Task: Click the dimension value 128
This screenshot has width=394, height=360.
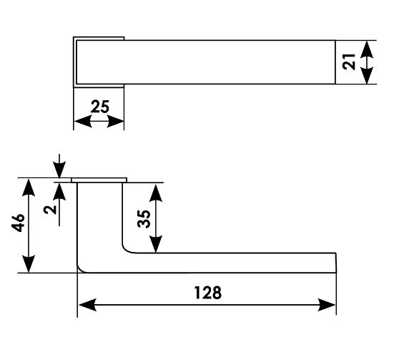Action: click(x=208, y=293)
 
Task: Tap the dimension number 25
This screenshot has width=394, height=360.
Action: click(x=100, y=107)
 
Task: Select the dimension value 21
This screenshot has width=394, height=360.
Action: click(x=349, y=62)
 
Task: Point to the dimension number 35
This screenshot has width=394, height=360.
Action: click(x=144, y=219)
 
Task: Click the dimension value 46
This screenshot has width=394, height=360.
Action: click(x=19, y=223)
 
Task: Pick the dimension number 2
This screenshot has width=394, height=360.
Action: click(x=50, y=209)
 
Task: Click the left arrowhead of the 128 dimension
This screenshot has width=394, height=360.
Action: click(x=87, y=305)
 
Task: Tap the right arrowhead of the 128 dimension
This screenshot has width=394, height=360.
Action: click(x=327, y=305)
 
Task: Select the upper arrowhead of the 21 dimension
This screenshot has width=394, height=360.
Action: click(x=367, y=50)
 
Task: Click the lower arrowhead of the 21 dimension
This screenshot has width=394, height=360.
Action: click(x=367, y=74)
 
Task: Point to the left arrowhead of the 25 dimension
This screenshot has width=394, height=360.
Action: click(x=83, y=122)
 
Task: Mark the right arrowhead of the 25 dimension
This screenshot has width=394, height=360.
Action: click(x=116, y=122)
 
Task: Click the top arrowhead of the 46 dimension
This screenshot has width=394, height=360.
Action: click(x=29, y=188)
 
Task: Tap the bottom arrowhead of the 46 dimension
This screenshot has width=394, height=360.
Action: click(x=29, y=263)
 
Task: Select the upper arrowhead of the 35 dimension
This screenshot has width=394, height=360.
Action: click(x=156, y=193)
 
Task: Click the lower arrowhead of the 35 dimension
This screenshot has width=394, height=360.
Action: click(x=156, y=244)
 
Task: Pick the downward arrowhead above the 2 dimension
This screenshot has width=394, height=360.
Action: click(x=59, y=170)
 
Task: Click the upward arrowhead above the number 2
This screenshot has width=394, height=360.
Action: click(x=59, y=192)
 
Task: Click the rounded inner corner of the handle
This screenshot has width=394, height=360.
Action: click(x=127, y=249)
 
